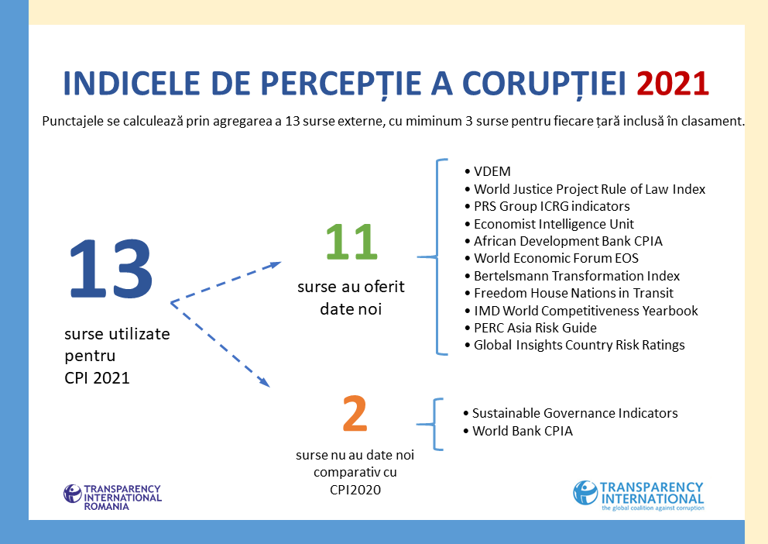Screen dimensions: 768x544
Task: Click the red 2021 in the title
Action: (x=673, y=84)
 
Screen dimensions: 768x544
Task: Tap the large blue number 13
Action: (x=111, y=269)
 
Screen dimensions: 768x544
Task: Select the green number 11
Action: (x=351, y=242)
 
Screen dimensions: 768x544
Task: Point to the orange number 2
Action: (x=355, y=414)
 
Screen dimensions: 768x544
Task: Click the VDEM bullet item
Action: (x=487, y=171)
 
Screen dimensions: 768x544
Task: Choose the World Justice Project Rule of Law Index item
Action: (x=585, y=189)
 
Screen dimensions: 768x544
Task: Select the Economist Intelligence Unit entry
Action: (x=549, y=224)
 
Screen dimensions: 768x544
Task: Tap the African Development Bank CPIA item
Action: (x=564, y=241)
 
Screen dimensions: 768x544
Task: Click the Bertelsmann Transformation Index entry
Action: (x=572, y=276)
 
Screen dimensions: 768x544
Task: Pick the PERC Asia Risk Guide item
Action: (x=530, y=328)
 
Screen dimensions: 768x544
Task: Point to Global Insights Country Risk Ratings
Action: (x=574, y=345)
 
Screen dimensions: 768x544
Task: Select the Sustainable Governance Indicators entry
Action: (x=570, y=413)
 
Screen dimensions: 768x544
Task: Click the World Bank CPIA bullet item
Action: (x=518, y=431)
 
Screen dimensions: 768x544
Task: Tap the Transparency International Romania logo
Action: (x=112, y=498)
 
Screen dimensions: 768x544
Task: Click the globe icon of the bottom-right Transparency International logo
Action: (x=585, y=493)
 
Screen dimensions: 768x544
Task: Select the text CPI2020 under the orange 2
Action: (x=355, y=490)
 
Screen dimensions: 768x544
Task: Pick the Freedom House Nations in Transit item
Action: (x=569, y=293)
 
